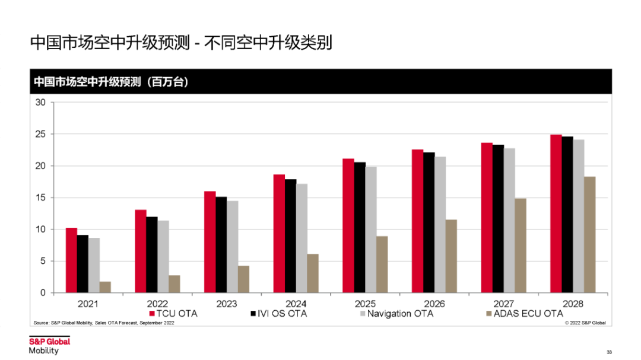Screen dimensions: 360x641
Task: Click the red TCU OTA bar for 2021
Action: coord(71,260)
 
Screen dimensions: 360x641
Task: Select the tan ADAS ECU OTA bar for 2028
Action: coord(589,235)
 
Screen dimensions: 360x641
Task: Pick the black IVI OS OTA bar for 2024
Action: coord(291,236)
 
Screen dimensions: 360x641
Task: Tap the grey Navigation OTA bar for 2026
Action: coord(440,225)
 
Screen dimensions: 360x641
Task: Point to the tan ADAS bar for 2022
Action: coord(174,284)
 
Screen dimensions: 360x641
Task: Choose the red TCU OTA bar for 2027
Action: coord(487,218)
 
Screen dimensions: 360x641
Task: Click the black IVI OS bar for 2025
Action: coord(360,228)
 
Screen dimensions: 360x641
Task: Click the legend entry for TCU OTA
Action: coord(173,313)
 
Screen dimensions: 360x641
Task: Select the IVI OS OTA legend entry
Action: coord(279,313)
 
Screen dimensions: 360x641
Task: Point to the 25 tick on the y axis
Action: coord(40,134)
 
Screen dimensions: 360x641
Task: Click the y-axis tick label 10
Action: coord(40,230)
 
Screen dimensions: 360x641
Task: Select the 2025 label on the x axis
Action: coord(365,304)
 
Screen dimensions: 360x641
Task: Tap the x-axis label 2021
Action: coord(88,304)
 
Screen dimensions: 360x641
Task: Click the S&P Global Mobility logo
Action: coord(50,345)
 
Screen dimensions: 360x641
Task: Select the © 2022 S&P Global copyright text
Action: coord(585,323)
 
